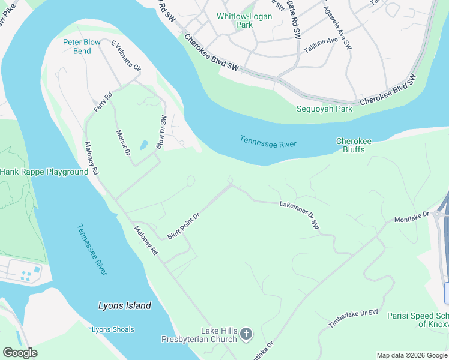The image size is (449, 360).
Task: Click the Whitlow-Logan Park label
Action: pos(244,20)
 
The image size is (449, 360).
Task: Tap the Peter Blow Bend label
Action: pos(82,46)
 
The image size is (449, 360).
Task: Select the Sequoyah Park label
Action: pos(324,109)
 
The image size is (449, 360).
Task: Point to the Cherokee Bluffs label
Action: pos(354,145)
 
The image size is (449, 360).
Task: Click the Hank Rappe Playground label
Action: pos(44,172)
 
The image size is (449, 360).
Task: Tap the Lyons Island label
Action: pos(124,305)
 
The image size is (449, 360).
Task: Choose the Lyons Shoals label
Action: pos(113,329)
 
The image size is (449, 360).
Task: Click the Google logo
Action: pos(20,353)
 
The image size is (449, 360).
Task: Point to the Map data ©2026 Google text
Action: pos(411,355)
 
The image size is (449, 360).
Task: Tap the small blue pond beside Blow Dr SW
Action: pos(144,145)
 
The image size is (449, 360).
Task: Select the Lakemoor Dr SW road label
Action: pos(300,215)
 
